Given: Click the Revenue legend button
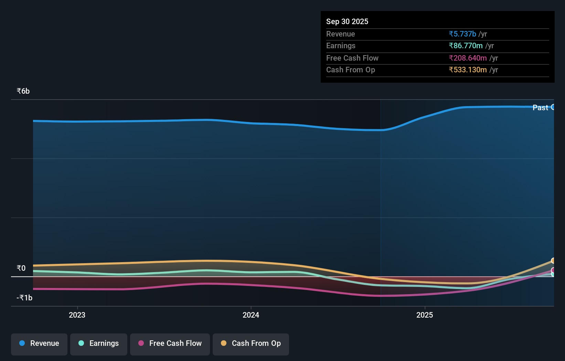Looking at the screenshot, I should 39,344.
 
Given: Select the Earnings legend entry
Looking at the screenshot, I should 99,344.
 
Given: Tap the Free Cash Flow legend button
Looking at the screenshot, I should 170,344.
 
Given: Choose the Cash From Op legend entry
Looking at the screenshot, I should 251,344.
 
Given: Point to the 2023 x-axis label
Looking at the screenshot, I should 77,315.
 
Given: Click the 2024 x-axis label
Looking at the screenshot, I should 251,315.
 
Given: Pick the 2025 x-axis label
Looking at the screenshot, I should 425,315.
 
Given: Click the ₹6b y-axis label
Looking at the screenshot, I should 23,91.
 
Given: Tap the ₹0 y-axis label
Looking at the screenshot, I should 21,268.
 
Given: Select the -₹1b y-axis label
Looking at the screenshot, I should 24,298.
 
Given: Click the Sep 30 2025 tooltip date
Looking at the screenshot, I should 347,21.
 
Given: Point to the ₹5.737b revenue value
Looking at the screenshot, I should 462,34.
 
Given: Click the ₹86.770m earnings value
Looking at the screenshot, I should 466,45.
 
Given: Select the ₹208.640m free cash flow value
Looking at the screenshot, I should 468,58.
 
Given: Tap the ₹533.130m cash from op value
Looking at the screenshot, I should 468,70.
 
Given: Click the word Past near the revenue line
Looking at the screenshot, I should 540,107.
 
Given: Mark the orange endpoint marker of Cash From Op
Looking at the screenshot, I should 553,261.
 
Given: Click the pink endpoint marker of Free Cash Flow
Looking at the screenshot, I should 553,270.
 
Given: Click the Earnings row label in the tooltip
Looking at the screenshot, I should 341,45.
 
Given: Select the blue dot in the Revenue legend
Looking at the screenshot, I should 22,343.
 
